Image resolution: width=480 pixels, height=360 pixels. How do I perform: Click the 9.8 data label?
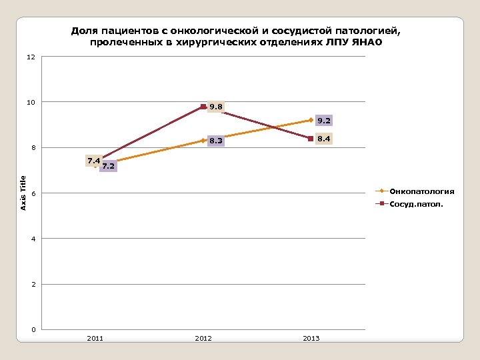pyautogui.click(x=216, y=107)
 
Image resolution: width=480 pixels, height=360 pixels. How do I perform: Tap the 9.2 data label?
pyautogui.click(x=324, y=121)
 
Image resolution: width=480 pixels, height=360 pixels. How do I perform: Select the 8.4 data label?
pyautogui.click(x=324, y=139)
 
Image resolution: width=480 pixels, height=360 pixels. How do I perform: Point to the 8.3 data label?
pyautogui.click(x=216, y=141)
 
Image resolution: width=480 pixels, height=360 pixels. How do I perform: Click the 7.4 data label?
pyautogui.click(x=93, y=161)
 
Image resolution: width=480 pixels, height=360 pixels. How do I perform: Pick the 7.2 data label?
pyautogui.click(x=109, y=166)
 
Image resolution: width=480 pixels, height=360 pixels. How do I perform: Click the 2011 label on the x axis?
pyautogui.click(x=95, y=339)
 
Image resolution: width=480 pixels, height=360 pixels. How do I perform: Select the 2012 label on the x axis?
pyautogui.click(x=203, y=339)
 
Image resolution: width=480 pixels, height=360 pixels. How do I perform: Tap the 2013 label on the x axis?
pyautogui.click(x=311, y=339)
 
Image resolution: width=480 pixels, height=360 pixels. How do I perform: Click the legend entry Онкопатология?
pyautogui.click(x=422, y=191)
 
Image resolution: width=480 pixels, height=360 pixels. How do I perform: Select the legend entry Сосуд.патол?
pyautogui.click(x=416, y=204)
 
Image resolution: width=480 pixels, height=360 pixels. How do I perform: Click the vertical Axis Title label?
pyautogui.click(x=23, y=193)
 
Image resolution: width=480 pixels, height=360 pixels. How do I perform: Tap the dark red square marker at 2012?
pyautogui.click(x=203, y=107)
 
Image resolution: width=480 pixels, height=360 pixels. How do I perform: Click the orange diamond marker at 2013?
pyautogui.click(x=311, y=120)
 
